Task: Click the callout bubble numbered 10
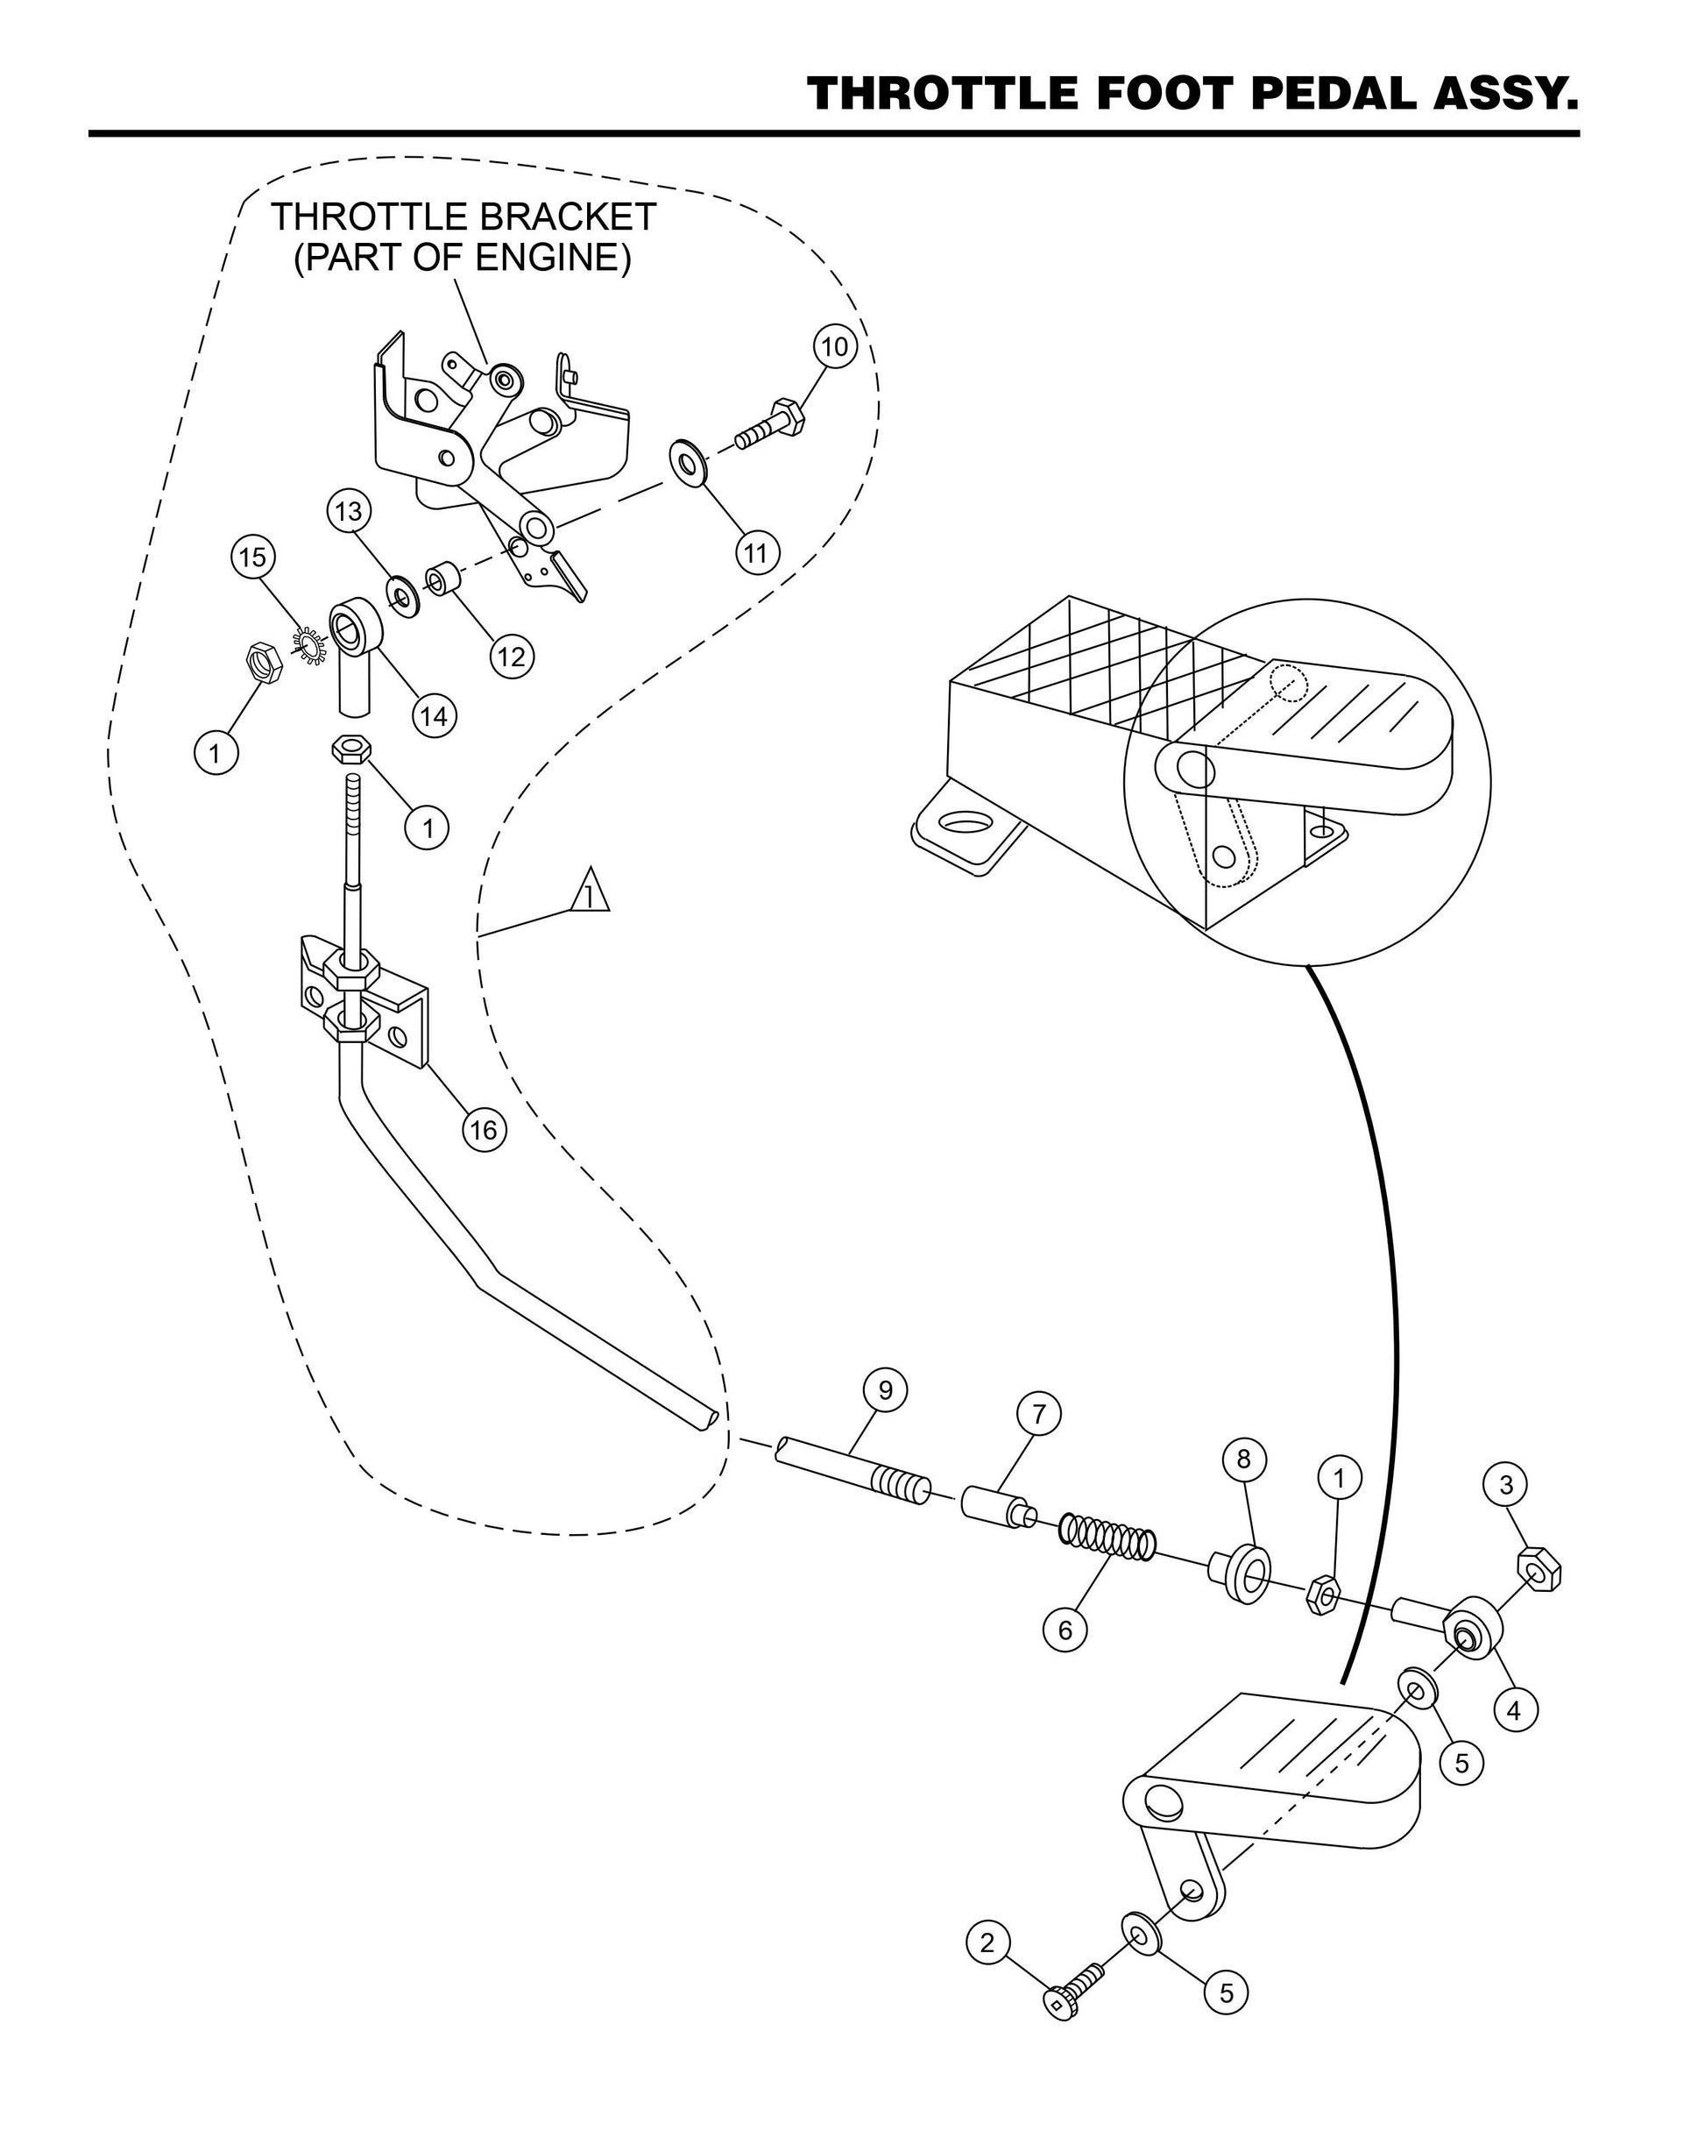tap(835, 347)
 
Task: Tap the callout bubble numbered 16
tap(484, 1130)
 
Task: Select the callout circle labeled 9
tap(885, 1390)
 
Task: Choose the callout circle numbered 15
tap(253, 558)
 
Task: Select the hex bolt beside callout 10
tap(769, 423)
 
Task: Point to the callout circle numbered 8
tap(1244, 1459)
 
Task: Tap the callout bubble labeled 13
tap(348, 512)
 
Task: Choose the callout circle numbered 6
tap(1065, 1630)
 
